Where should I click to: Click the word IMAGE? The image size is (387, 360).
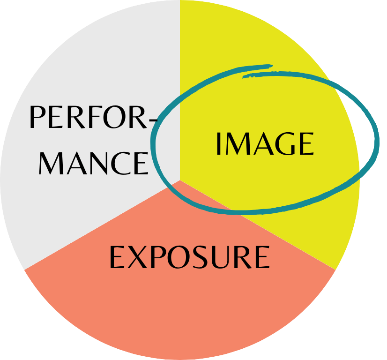point(264,144)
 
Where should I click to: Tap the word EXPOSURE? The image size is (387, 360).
point(189,257)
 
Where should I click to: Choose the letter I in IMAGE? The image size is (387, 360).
point(218,144)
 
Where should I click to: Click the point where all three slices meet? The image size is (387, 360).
point(180,180)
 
